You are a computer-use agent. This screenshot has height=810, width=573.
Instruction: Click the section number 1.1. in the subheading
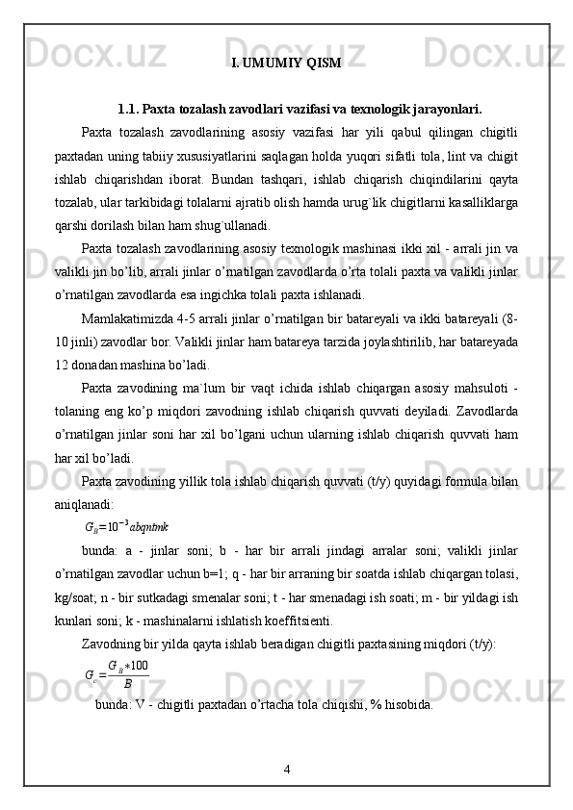(x=130, y=109)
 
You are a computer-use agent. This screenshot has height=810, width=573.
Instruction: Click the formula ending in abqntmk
(x=127, y=527)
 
